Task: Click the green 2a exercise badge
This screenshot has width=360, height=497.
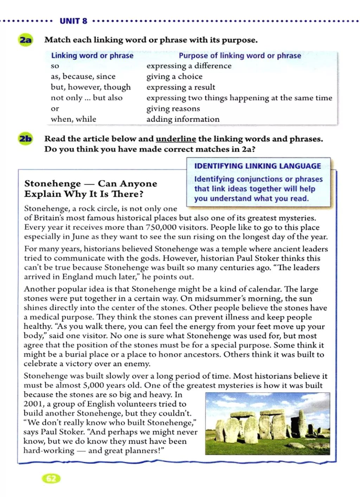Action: [25, 40]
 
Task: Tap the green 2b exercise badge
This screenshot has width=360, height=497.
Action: [25, 139]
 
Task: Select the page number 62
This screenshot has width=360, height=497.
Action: [51, 478]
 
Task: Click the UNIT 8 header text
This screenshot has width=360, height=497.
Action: [73, 21]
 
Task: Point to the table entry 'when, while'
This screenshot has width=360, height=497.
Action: [73, 119]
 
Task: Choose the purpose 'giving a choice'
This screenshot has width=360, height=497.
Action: [174, 77]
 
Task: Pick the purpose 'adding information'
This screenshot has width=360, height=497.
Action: [183, 119]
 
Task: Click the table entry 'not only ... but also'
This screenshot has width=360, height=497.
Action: [86, 98]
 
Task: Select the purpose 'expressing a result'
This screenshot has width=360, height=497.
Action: [181, 87]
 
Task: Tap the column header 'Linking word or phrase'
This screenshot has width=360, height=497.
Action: [92, 55]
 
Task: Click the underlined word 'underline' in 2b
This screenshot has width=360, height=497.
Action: [176, 139]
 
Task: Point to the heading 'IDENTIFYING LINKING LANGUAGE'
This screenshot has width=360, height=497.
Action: [257, 166]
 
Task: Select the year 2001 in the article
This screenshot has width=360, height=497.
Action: [32, 404]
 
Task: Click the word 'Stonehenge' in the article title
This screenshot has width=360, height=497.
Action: [53, 184]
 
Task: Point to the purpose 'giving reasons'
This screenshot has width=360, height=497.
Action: [173, 109]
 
